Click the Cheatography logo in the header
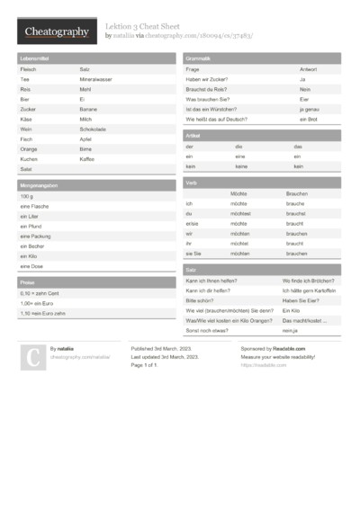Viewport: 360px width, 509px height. (57, 32)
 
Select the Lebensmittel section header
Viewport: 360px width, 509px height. (34, 58)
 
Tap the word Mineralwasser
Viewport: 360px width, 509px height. (95, 79)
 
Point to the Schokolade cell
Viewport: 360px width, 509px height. (93, 129)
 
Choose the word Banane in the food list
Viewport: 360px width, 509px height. (87, 109)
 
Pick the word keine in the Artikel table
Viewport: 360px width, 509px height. (241, 166)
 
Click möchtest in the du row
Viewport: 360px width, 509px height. (239, 214)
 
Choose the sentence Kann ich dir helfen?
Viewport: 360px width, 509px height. (208, 290)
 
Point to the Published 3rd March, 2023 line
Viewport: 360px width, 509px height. (165, 348)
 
